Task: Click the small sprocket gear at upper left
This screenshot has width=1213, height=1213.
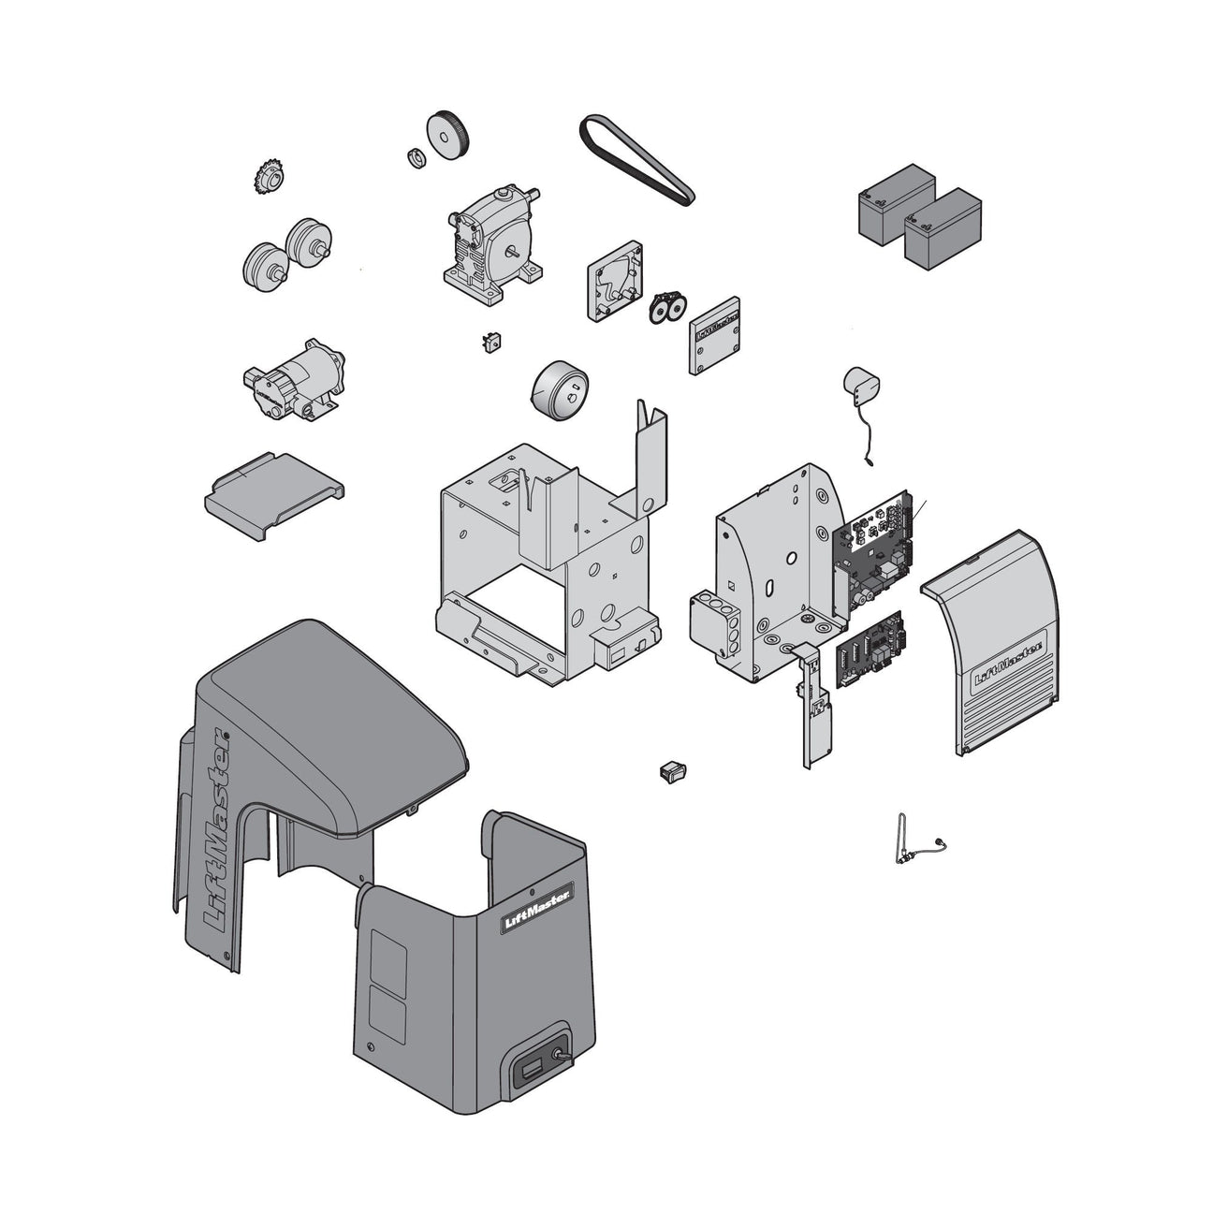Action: point(269,176)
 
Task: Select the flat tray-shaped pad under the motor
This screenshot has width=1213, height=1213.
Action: point(272,494)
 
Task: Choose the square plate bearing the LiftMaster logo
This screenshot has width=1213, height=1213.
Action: point(715,335)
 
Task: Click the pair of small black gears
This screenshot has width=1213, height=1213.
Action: point(668,307)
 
